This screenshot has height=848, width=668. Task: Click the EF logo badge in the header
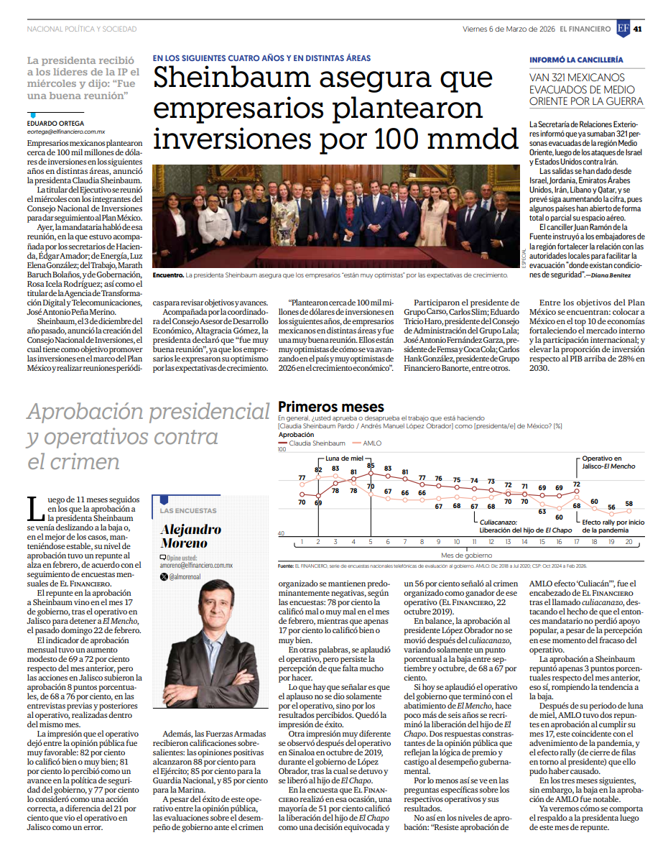[623, 29]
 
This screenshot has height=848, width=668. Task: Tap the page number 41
[638, 29]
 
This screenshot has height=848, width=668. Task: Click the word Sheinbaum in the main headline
[231, 78]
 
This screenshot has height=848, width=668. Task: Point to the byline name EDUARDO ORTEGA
[56, 124]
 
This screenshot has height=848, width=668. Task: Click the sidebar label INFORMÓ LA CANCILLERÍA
[576, 60]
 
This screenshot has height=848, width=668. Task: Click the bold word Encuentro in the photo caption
[168, 275]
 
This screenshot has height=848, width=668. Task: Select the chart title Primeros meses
[330, 407]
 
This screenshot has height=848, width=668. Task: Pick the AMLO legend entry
[367, 443]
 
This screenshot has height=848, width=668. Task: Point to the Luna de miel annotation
[344, 458]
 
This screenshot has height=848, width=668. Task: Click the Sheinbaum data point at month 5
[371, 473]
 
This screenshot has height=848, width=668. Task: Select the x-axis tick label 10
[457, 542]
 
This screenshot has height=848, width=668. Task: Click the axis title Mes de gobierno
[466, 556]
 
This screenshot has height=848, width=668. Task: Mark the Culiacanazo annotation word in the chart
[498, 522]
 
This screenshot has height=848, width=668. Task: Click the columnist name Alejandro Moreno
[191, 537]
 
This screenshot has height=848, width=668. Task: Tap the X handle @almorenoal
[185, 577]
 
